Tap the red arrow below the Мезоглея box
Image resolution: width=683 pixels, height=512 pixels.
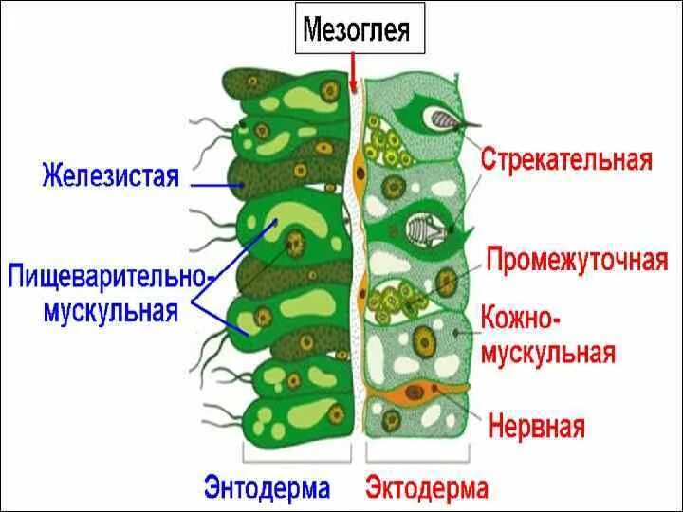tap(353, 70)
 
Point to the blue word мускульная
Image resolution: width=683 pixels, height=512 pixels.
tap(111, 311)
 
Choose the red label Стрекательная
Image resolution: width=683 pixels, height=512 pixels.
tap(566, 157)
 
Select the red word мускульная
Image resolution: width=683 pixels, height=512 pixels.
tap(549, 353)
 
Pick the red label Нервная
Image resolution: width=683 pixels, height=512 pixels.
tap(536, 426)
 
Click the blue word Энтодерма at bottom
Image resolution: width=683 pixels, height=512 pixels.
tap(267, 488)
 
